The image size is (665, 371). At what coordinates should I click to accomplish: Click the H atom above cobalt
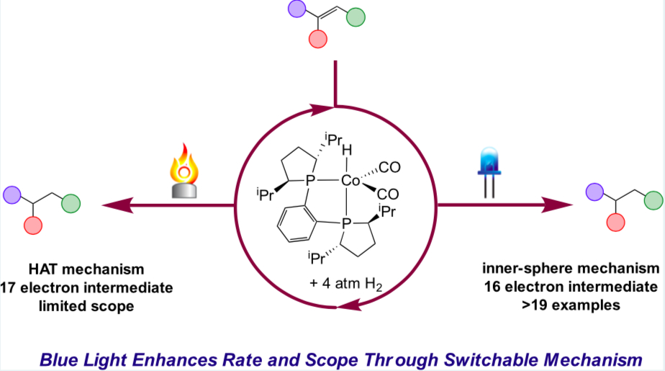click(x=348, y=153)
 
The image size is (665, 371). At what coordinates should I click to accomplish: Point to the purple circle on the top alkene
click(x=297, y=10)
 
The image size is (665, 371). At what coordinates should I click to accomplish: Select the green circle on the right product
click(x=652, y=200)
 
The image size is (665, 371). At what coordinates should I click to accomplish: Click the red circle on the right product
click(x=616, y=221)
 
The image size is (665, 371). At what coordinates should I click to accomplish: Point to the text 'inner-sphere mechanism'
click(x=571, y=269)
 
